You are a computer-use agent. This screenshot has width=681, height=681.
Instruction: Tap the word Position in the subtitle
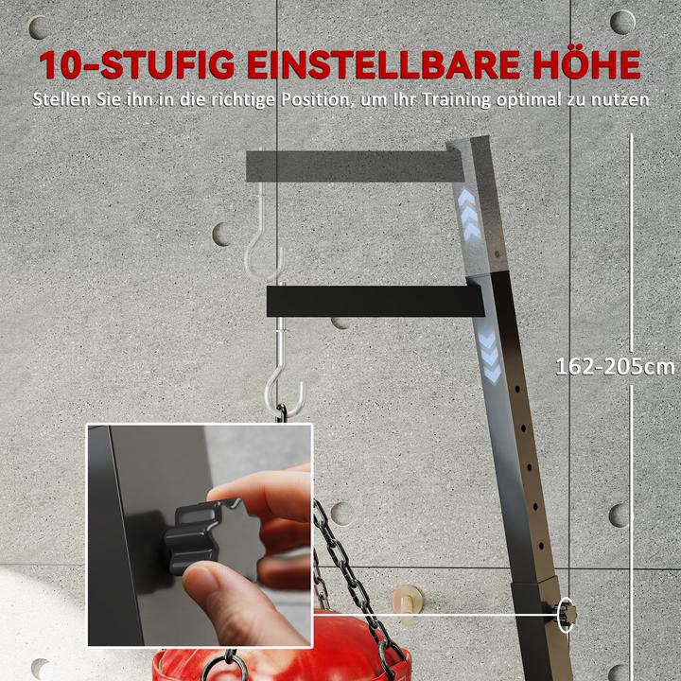click(x=317, y=98)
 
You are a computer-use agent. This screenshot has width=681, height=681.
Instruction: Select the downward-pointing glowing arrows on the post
click(x=490, y=357)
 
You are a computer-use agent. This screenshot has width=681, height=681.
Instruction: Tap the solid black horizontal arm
click(x=374, y=301)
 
